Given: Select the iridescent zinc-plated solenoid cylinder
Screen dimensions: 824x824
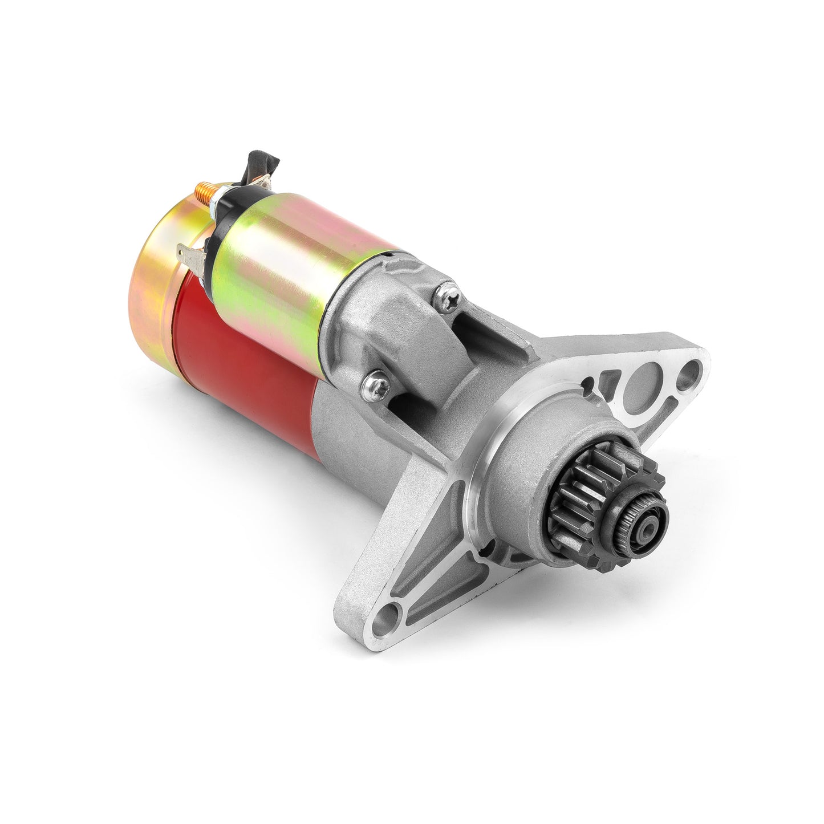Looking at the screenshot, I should click(297, 245).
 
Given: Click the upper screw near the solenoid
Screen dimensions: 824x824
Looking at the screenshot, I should click(445, 295).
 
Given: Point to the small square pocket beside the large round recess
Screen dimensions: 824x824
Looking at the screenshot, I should click(611, 379).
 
